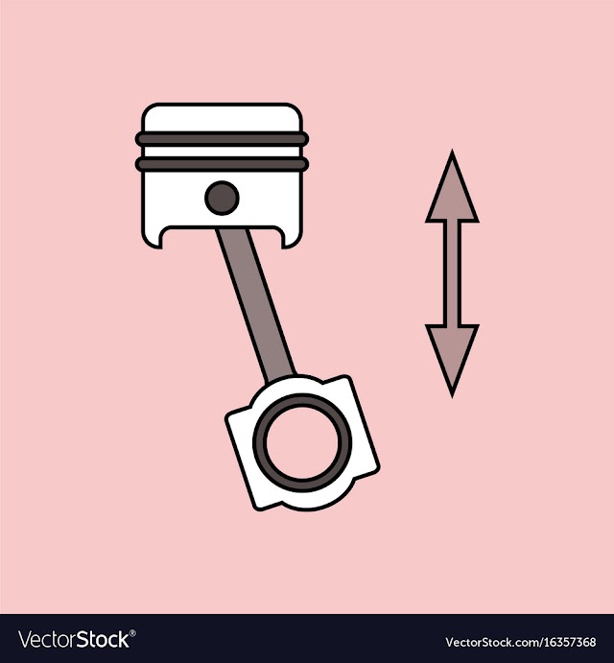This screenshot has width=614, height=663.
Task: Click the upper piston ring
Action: [x=222, y=139]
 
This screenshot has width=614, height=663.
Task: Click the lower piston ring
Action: [x=222, y=164]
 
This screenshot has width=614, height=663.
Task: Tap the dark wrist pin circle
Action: [x=222, y=198]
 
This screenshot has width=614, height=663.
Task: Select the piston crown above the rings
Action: [x=222, y=118]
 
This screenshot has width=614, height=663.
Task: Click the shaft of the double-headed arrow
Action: [x=452, y=273]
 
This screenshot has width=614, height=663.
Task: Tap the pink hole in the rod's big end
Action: [x=303, y=442]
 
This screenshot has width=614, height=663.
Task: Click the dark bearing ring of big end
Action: [x=259, y=442]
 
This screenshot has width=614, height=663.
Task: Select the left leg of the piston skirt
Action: [x=152, y=237]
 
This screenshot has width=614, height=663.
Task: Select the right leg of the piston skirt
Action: [x=292, y=237]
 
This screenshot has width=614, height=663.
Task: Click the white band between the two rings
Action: [x=222, y=152]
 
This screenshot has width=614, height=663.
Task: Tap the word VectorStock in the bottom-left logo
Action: [x=73, y=639]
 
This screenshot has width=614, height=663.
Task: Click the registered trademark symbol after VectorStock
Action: [x=132, y=633]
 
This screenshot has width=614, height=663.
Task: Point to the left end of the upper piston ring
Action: [x=135, y=139]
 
